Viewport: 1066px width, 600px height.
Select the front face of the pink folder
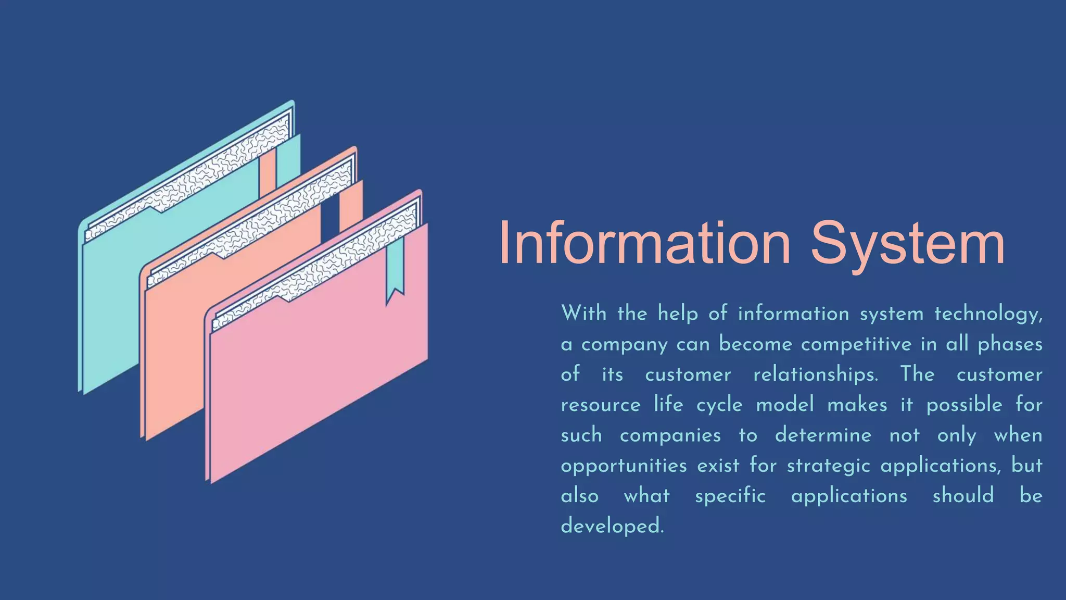pos(318,375)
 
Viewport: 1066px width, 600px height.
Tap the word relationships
pos(816,374)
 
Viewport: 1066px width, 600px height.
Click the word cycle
pos(719,405)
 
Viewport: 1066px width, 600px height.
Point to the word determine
pos(823,435)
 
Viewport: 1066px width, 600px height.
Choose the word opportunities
pos(624,466)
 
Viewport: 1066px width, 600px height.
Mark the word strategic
pos(828,466)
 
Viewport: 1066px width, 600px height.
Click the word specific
pos(730,496)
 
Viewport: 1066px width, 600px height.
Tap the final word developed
pos(612,526)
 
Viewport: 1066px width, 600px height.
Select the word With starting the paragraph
pos(583,314)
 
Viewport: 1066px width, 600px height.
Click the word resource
pos(600,405)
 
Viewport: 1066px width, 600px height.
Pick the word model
pos(784,405)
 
